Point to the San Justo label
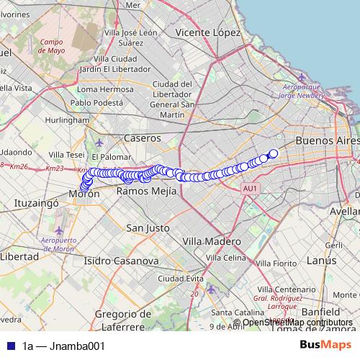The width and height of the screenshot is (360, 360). tap(148, 228)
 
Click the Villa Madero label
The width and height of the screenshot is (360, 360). tap(212, 241)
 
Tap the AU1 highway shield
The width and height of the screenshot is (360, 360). tap(250, 189)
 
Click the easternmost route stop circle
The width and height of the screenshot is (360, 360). tap(274, 153)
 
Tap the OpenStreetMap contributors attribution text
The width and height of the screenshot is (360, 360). tap(297, 323)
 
